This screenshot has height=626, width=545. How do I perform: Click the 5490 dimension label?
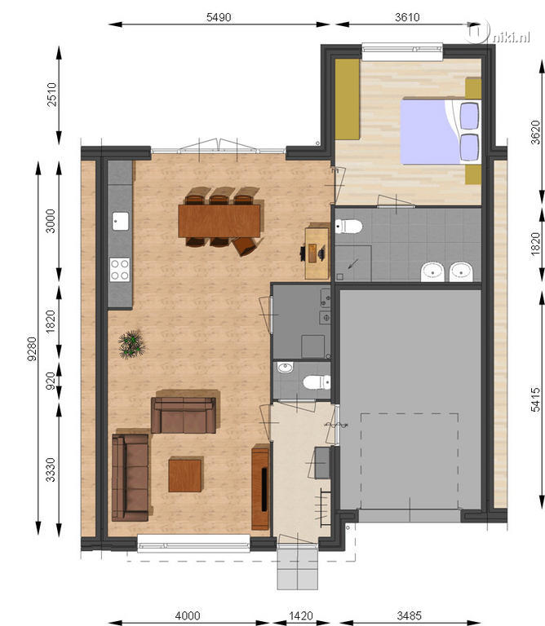click(219, 17)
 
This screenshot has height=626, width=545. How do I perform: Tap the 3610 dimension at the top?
click(407, 17)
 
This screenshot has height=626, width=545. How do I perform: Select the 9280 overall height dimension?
click(32, 349)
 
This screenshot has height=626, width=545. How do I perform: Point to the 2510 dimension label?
click(52, 95)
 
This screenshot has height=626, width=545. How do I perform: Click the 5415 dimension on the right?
click(535, 399)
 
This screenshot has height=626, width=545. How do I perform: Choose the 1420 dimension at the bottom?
click(300, 615)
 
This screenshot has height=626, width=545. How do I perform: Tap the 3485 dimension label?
click(409, 615)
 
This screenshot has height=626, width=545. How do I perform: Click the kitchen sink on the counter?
click(120, 221)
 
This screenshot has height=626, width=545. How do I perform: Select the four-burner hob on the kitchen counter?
click(120, 270)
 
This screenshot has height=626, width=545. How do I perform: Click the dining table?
click(219, 220)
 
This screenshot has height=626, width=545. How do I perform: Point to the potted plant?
click(131, 344)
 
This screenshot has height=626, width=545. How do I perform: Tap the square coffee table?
click(185, 474)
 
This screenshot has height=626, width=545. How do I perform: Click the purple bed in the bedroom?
click(441, 132)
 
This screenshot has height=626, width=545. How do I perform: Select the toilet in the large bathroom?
click(348, 227)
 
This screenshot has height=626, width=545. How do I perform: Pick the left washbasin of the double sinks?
click(432, 272)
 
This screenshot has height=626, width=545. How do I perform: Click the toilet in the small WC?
click(317, 382)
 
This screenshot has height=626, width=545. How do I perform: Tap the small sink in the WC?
click(286, 367)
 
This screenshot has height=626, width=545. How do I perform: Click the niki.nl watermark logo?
click(498, 34)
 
